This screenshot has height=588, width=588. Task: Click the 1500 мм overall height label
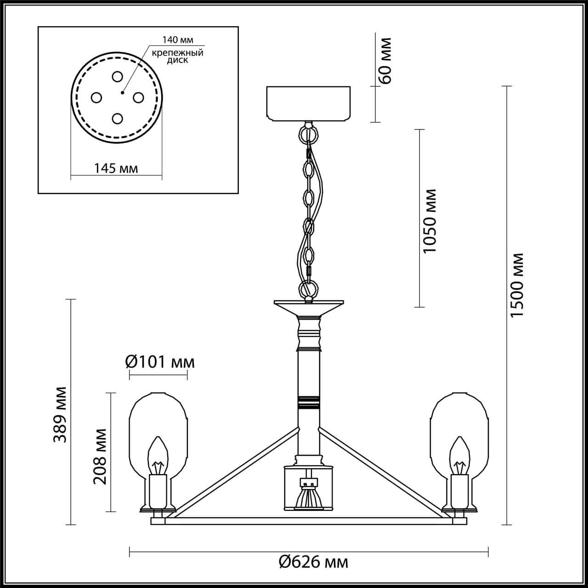517,285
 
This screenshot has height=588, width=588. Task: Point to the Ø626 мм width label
313,561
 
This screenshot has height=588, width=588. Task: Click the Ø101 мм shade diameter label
160,362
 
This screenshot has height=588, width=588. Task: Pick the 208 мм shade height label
100,456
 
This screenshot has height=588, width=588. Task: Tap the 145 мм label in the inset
116,168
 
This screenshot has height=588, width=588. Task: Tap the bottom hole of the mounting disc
117,119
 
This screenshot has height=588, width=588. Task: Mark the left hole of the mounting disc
96,97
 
